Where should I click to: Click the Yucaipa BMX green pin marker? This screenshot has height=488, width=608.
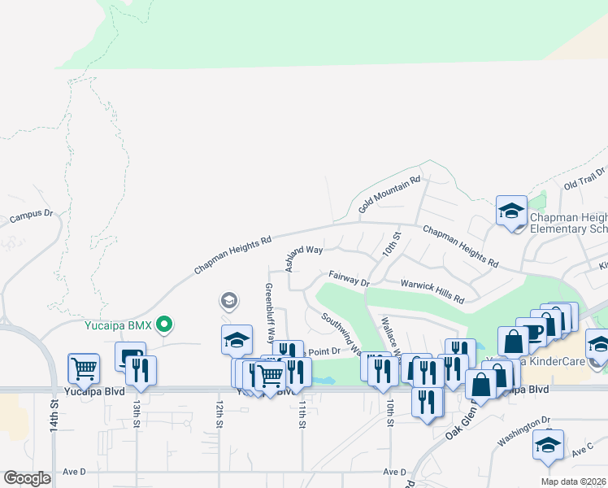[x=165, y=325]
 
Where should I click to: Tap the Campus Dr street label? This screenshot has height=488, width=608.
[x=31, y=216]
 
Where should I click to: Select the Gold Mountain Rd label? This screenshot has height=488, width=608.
[x=389, y=190]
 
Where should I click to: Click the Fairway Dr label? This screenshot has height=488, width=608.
[x=349, y=279]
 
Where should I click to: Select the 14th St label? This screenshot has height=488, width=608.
[x=54, y=415]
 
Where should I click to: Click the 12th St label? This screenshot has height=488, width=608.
[x=219, y=415]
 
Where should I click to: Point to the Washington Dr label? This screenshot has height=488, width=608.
[x=524, y=430]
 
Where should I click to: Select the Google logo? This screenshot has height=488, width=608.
[x=27, y=478]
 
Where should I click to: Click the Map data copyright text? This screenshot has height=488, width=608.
[x=574, y=481]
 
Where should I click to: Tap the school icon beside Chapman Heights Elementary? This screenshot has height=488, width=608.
[x=511, y=211]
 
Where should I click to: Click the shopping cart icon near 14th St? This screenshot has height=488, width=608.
[x=84, y=368]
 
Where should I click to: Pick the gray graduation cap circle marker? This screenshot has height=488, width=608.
[x=229, y=302]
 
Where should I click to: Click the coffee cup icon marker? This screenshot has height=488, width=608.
[x=532, y=333]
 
